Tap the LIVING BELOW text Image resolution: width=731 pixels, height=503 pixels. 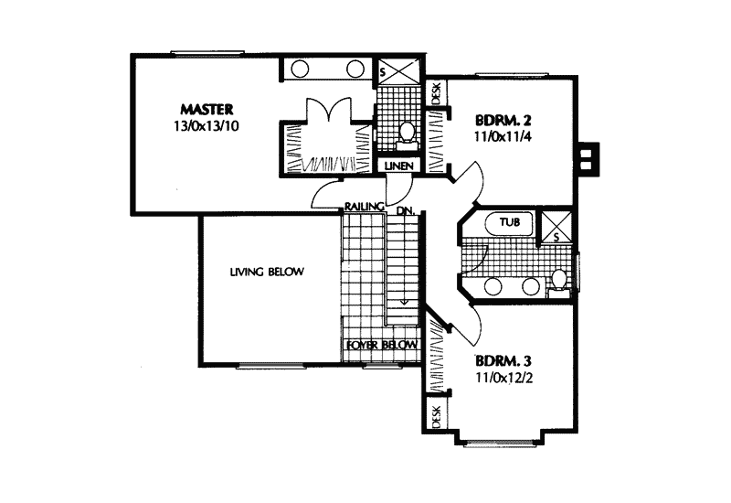(267, 272)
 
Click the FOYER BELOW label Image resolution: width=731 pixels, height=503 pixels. (381, 345)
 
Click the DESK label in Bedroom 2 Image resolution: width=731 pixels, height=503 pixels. (436, 92)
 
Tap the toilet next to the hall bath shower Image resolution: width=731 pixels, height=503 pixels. (557, 278)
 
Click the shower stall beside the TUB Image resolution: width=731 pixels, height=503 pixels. (554, 226)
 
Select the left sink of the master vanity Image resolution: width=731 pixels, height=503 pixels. (300, 70)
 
